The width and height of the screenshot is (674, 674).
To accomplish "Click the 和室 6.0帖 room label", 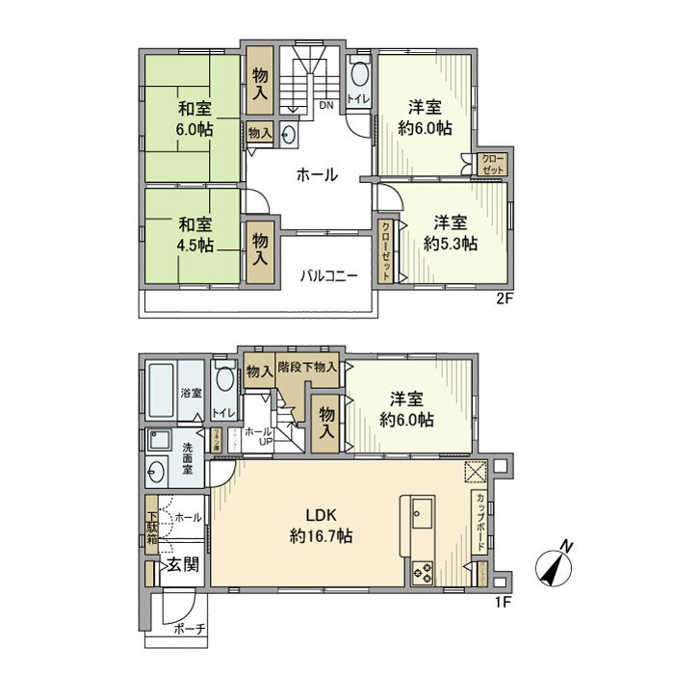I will coord(194,118).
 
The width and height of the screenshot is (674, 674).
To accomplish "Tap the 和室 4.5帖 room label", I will coord(194,235).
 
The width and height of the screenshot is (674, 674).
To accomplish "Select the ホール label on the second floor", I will coord(316,175).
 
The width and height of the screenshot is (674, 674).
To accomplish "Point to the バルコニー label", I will coord(327,275).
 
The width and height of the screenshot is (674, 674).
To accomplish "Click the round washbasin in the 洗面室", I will coord(157,473).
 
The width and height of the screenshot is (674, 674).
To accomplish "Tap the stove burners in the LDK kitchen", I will coord(424,572).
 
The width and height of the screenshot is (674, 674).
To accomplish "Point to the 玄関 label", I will coord(181,564).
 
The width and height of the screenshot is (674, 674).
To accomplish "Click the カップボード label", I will coord(479,521).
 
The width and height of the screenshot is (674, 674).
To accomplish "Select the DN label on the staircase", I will coord(327,107).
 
